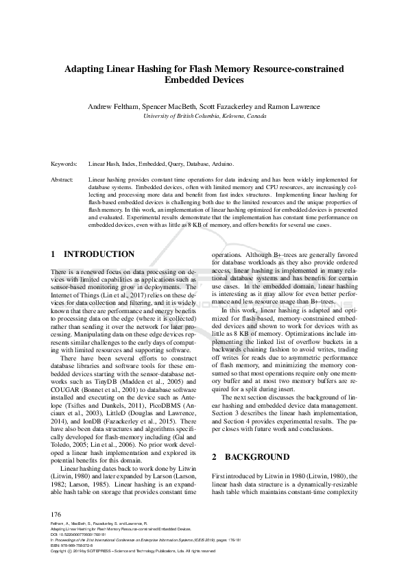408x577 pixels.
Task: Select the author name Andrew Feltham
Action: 113,107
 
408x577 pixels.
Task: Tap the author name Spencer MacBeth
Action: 171,107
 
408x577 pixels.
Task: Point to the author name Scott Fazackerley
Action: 235,107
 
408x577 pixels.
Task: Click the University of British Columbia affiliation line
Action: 204,116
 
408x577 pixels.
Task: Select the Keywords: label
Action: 65,164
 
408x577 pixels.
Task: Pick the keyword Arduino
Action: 222,164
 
